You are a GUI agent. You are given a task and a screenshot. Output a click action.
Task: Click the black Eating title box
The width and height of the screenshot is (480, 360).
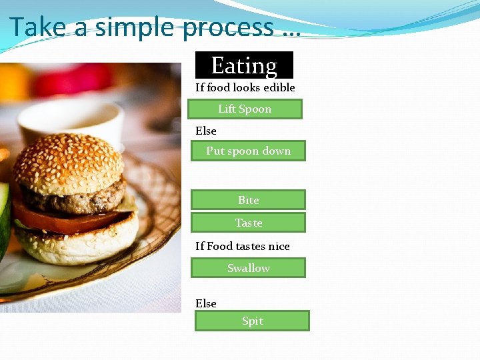pyautogui.click(x=244, y=65)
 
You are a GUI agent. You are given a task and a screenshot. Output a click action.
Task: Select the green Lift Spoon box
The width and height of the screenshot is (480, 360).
pyautogui.click(x=245, y=109)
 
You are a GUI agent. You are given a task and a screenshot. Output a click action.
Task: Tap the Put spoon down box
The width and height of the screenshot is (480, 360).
pyautogui.click(x=248, y=151)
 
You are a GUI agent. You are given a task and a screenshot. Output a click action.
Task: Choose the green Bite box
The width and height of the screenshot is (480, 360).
pyautogui.click(x=248, y=200)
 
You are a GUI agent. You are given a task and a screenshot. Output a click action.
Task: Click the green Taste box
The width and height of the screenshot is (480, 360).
pyautogui.click(x=248, y=223)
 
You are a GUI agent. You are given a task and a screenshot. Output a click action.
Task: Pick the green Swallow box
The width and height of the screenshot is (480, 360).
pyautogui.click(x=248, y=268)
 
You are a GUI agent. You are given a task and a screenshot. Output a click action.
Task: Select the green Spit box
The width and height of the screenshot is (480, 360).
pyautogui.click(x=252, y=321)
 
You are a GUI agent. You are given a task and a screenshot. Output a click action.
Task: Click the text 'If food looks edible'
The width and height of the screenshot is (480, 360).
pyautogui.click(x=245, y=87)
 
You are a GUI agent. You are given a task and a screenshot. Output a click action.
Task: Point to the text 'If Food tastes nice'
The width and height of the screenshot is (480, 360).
pyautogui.click(x=242, y=246)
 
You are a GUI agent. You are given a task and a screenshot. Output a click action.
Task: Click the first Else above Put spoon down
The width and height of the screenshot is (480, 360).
pyautogui.click(x=205, y=131)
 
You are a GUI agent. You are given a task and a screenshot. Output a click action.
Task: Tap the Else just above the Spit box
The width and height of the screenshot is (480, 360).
pyautogui.click(x=205, y=303)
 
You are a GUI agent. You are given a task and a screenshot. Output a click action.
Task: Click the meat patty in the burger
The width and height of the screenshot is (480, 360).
pyautogui.click(x=73, y=197)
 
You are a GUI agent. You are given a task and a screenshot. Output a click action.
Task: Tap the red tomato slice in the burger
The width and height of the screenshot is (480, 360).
pyautogui.click(x=60, y=221)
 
